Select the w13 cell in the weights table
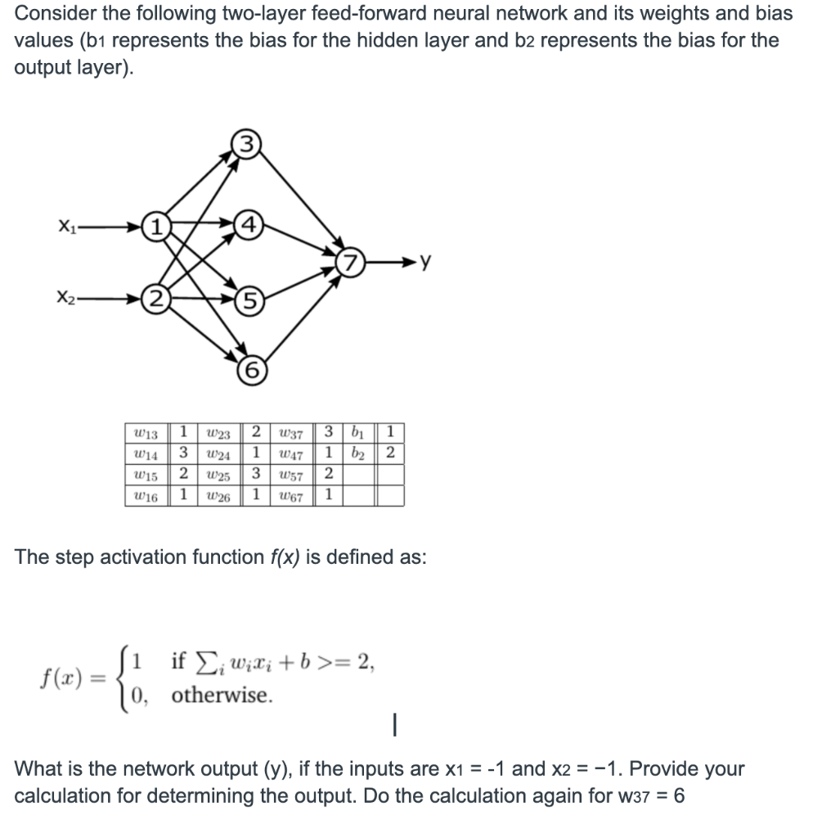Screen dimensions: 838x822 point(146,431)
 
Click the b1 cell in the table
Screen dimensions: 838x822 point(357,431)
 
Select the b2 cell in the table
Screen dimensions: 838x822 point(357,453)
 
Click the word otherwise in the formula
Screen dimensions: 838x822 point(219,696)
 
